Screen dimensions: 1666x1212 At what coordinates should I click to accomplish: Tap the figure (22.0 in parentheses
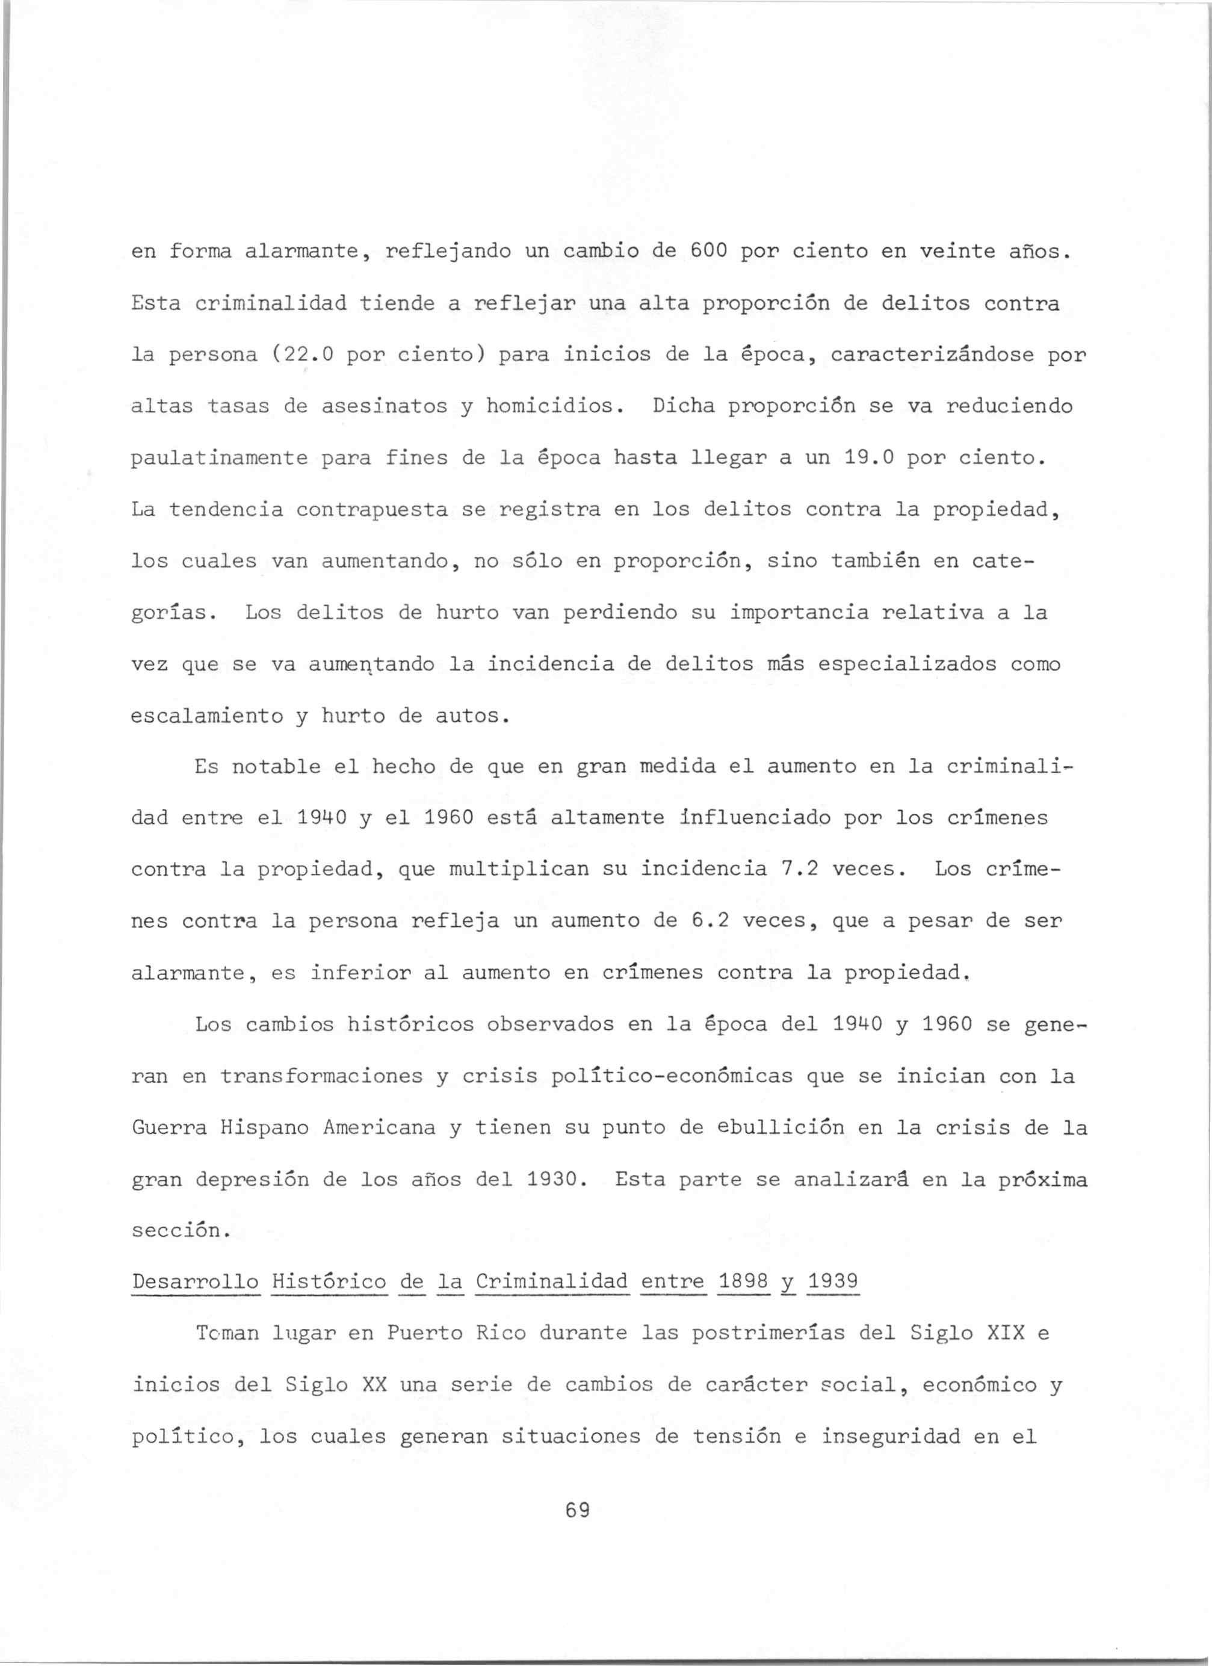[303, 355]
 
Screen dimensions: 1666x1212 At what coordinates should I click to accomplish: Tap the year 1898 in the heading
[743, 1282]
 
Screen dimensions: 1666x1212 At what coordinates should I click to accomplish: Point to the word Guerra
[169, 1127]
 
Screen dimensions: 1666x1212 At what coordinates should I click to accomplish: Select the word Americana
[379, 1127]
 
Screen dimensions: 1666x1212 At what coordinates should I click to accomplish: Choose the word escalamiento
[206, 716]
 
